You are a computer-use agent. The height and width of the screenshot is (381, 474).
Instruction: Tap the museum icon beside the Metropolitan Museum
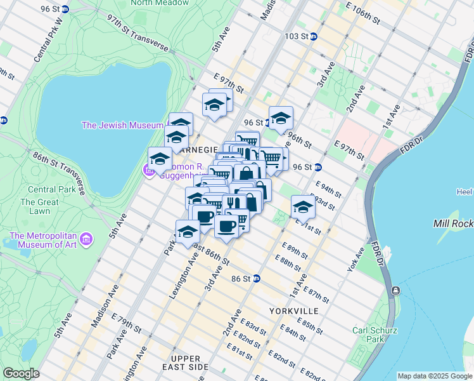click(x=86, y=239)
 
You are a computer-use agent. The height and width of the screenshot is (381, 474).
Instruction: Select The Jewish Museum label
click(x=122, y=125)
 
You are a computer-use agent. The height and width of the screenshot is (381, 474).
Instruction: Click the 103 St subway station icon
click(x=314, y=37)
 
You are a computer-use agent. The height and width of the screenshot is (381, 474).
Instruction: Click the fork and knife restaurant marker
click(x=234, y=204)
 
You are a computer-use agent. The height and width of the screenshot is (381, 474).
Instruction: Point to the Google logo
click(x=21, y=373)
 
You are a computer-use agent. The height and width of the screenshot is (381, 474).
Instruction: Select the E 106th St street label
click(x=362, y=13)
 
